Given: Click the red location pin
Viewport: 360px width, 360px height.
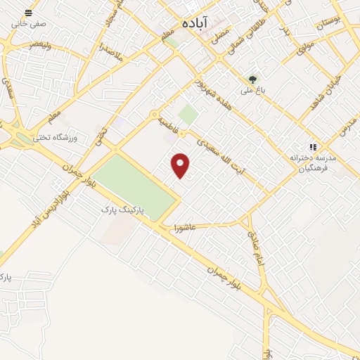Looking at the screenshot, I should coord(181,166).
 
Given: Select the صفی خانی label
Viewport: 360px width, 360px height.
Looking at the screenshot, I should coord(28,23).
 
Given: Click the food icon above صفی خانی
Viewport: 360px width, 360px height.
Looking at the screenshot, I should coord(28,13).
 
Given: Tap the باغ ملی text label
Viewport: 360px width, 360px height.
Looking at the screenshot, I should coord(252,90).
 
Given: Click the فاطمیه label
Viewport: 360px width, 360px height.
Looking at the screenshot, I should coord(167,122).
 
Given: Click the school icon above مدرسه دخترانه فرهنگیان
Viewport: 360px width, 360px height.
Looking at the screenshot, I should coord(313,147).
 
